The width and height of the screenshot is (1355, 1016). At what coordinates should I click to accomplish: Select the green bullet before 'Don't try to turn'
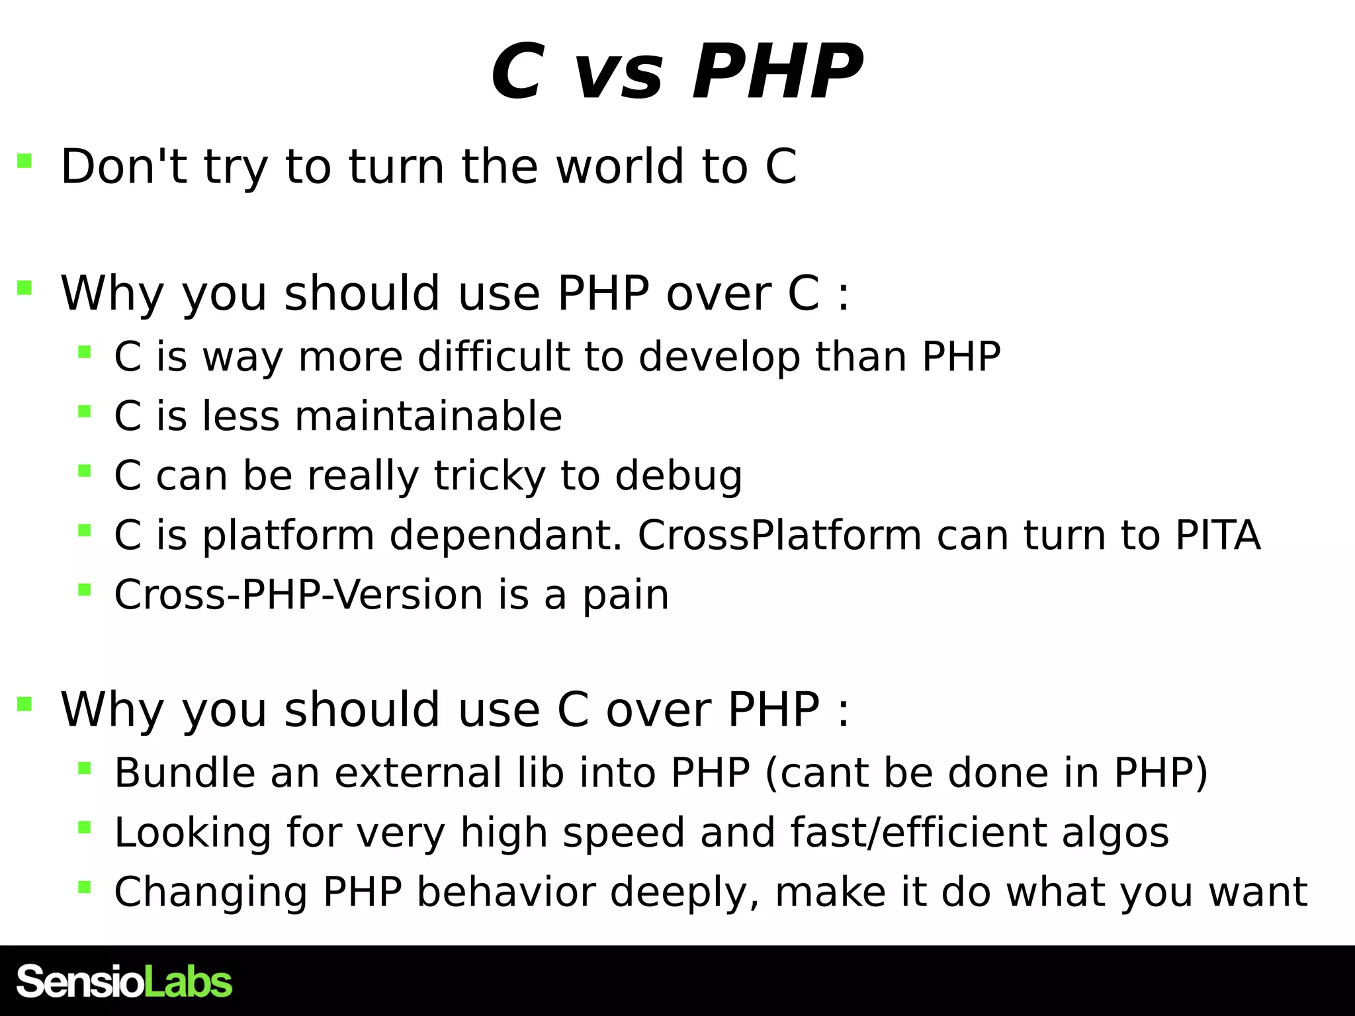point(24,161)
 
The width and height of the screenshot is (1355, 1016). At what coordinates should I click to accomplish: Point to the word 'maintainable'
point(428,416)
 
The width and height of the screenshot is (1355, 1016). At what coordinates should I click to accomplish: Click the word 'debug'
point(678,476)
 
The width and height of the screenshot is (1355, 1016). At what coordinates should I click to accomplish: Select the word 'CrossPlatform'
point(779,535)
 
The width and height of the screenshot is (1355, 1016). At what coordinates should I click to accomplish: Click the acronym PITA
point(1217,535)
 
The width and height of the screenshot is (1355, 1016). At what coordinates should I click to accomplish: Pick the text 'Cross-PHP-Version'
point(298,595)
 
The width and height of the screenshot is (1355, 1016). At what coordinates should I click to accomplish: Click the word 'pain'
point(625,596)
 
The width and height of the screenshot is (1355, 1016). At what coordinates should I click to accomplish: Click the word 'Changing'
point(210,892)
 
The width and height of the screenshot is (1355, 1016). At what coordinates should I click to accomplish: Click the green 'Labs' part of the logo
point(188,982)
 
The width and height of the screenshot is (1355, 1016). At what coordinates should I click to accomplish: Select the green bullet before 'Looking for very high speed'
point(84,827)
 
